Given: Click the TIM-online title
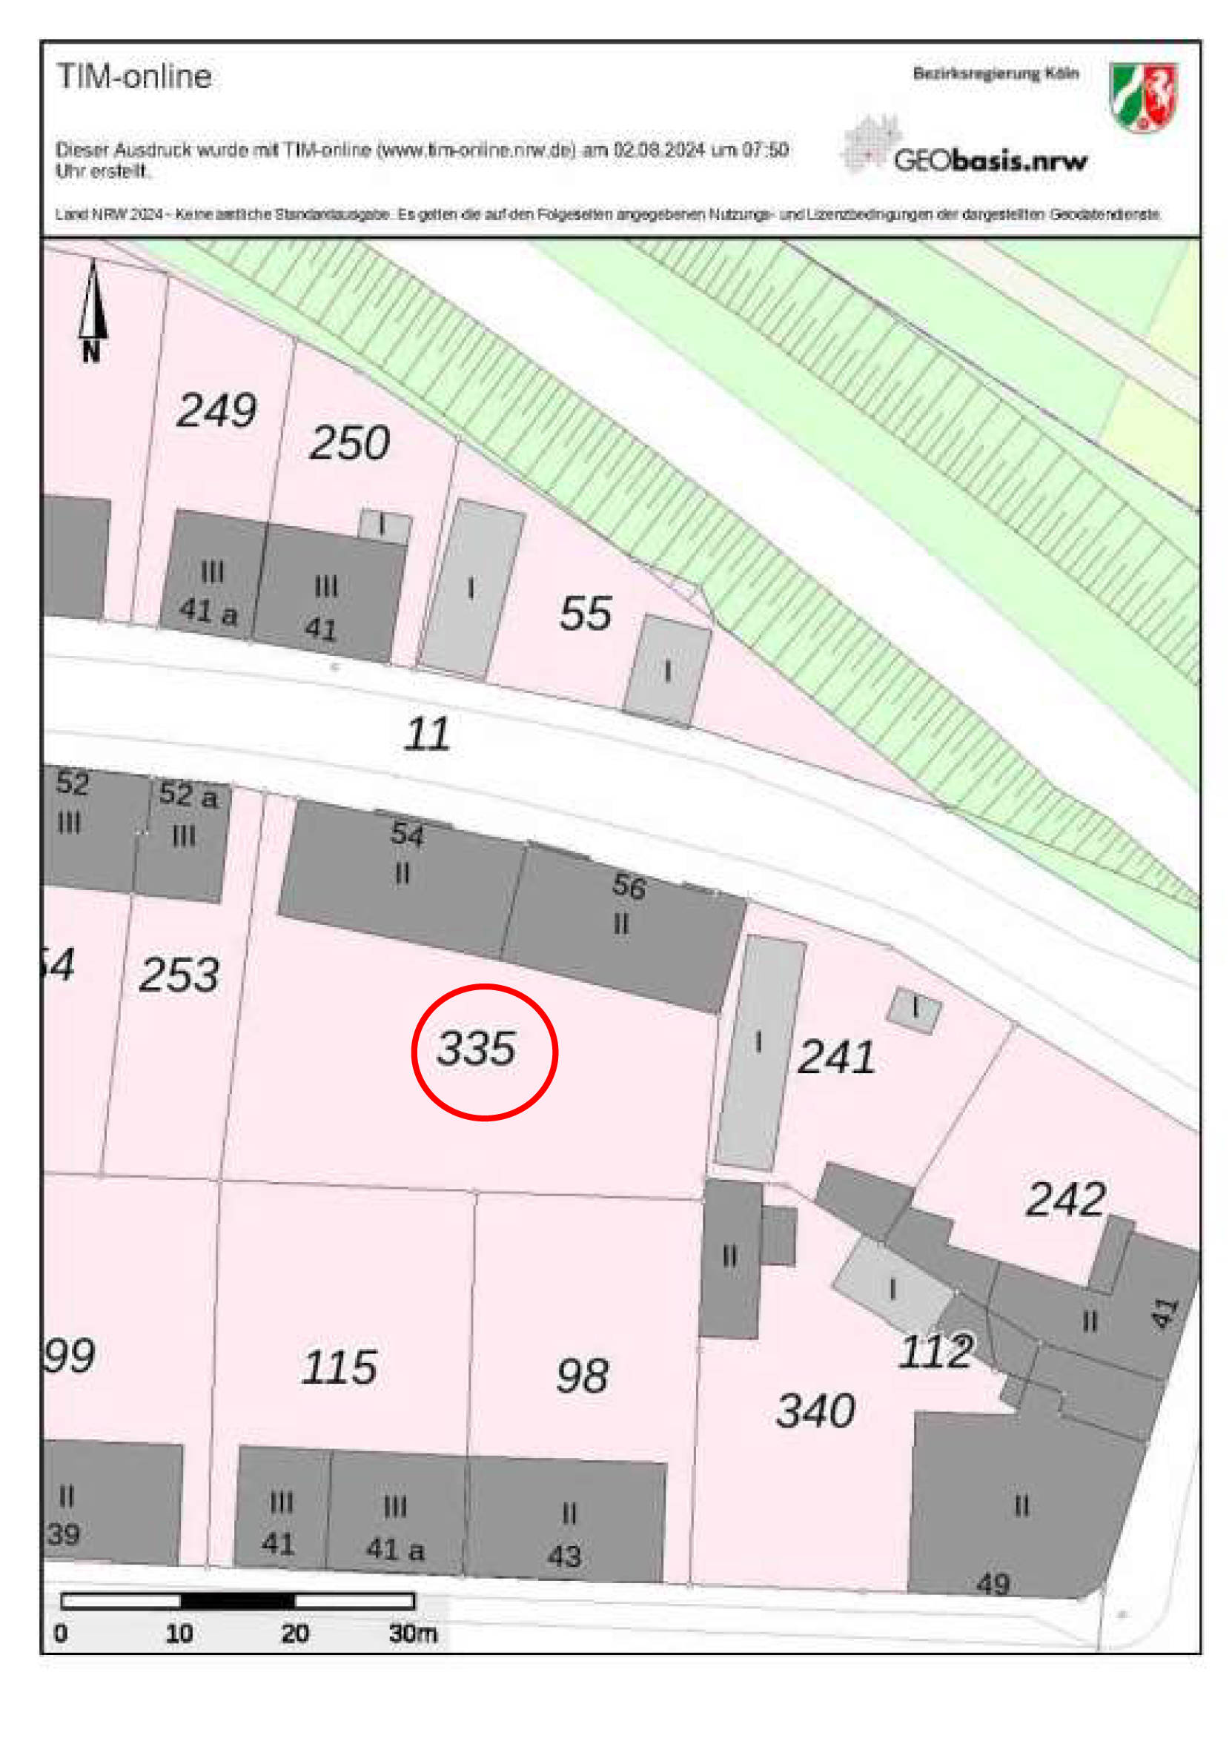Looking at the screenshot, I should [134, 76].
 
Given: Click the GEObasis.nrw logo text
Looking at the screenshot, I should [990, 161].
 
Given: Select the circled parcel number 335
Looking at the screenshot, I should [477, 1049].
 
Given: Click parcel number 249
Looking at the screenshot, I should [216, 411].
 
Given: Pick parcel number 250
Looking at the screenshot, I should [349, 443].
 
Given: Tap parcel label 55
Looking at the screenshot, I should [585, 614].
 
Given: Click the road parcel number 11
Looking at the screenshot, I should [427, 734].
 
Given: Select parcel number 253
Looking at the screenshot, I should [179, 975].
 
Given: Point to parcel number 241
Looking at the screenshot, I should [836, 1057].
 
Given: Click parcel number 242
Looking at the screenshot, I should [1065, 1199].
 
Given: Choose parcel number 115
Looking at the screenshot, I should [338, 1367].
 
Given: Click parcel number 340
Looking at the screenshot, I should [815, 1411].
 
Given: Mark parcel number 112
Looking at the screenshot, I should [935, 1351].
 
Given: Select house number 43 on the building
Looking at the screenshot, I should [563, 1556].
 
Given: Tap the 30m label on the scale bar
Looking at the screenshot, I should [413, 1633].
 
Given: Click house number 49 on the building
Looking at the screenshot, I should [993, 1584].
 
